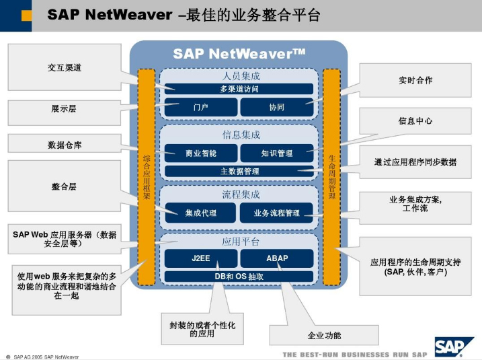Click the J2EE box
[201, 258]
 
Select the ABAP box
[277, 258]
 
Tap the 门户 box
[201, 107]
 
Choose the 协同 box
[277, 107]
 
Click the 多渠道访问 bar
[239, 89]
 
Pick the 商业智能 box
[201, 153]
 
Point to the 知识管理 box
[277, 153]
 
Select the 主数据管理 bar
[239, 172]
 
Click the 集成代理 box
[200, 213]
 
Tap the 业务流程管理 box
[277, 213]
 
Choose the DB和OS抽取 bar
[239, 277]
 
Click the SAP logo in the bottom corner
[454, 347]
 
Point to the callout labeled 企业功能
[324, 335]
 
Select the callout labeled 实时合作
[415, 80]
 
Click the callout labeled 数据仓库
[65, 145]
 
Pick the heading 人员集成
[241, 75]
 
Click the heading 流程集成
[241, 194]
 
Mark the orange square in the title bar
[26, 15]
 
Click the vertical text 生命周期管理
[331, 177]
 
